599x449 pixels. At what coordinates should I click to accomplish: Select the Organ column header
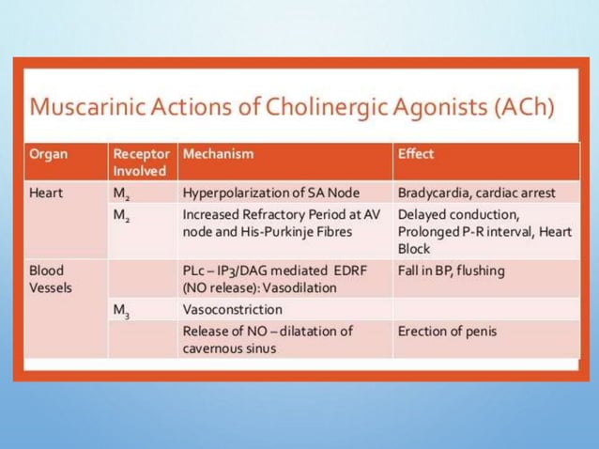[x=48, y=153]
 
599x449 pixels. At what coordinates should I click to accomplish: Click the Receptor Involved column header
[x=141, y=162]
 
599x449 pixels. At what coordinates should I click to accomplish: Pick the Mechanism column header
[x=218, y=153]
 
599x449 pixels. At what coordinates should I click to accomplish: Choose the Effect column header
[x=416, y=153]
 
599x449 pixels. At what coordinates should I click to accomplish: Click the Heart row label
[x=47, y=193]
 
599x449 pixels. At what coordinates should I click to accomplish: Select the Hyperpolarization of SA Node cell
[x=270, y=193]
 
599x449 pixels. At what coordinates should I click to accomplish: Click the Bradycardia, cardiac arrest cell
[x=476, y=193]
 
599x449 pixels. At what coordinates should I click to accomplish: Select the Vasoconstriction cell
[x=232, y=309]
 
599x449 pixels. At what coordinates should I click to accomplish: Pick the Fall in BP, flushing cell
[x=451, y=271]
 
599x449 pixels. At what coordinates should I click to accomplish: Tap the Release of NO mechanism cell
[x=268, y=339]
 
